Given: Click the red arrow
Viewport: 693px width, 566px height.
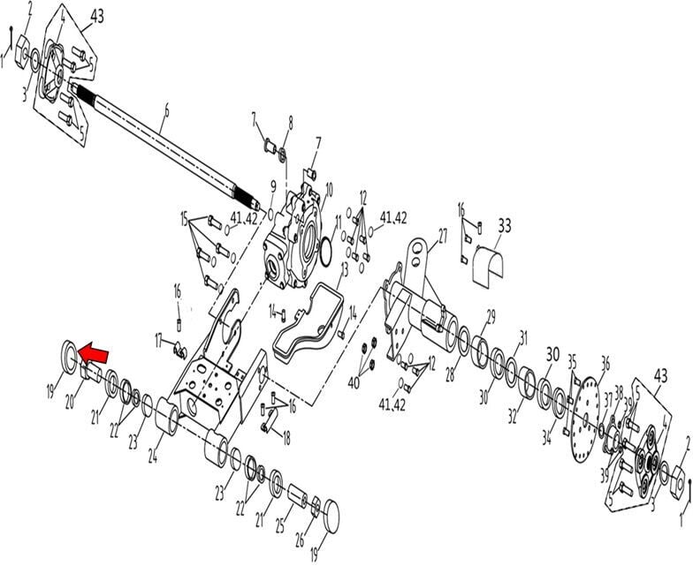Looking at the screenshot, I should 94,354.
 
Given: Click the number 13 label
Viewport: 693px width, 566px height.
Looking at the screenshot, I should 345,268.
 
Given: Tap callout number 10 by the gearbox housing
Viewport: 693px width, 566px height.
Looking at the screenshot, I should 329,188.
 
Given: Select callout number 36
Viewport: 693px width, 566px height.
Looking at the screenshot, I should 605,361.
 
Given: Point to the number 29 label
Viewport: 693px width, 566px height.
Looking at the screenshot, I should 491,315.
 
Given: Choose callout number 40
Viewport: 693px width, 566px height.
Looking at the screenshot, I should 354,383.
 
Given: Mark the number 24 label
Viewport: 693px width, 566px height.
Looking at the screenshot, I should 154,457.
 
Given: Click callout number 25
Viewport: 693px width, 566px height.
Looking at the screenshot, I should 278,527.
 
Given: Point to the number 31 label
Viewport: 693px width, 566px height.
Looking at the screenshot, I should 522,336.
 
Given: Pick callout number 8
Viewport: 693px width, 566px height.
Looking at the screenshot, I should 289,122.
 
